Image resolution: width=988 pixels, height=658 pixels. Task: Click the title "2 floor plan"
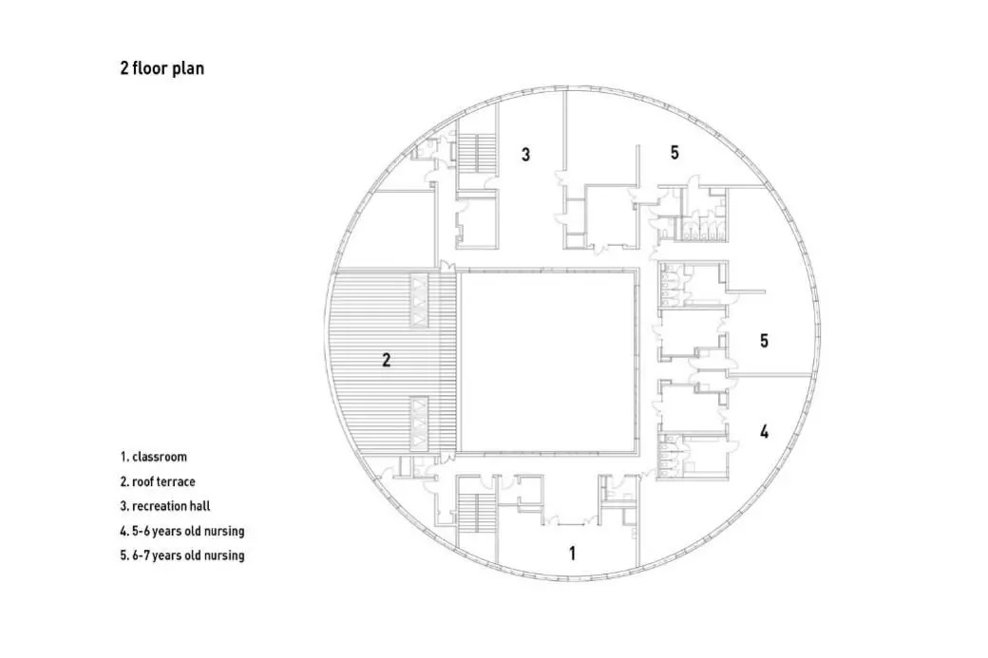(161, 68)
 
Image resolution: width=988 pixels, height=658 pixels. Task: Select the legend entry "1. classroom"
(153, 457)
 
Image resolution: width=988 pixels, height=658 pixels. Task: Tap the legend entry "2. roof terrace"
(158, 481)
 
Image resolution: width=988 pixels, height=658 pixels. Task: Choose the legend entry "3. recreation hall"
(165, 506)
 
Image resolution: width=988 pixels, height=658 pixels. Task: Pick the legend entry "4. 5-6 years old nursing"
(182, 531)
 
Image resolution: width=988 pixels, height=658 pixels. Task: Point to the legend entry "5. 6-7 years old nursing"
(182, 555)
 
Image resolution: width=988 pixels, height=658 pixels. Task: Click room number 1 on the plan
(572, 554)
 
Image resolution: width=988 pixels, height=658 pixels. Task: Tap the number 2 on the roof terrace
(387, 360)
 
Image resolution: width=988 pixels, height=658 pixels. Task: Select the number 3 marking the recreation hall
(525, 154)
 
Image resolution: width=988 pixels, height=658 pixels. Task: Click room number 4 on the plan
(765, 431)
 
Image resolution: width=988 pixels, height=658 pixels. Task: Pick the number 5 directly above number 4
(765, 341)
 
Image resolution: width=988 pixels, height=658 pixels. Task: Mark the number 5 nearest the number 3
(674, 152)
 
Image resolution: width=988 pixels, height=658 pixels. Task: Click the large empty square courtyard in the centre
(545, 362)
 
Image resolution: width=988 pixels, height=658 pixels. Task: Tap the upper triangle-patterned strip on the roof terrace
(419, 300)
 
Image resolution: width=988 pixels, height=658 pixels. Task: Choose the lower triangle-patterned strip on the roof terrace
(419, 423)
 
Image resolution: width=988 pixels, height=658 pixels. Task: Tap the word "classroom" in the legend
(160, 457)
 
